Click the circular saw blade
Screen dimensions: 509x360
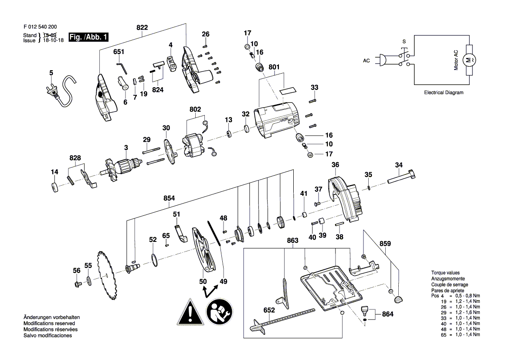(107, 275)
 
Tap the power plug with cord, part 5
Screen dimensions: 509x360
(62, 91)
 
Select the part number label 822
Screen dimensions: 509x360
(142, 27)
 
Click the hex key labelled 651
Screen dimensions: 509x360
(122, 68)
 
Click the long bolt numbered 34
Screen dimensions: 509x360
(401, 177)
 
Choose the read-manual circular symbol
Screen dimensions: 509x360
(220, 312)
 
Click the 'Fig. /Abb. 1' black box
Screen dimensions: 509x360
(88, 37)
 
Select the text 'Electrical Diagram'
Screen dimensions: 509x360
(444, 92)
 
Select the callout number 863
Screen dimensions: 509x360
(292, 241)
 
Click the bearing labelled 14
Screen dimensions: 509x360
(55, 188)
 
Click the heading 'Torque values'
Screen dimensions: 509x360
(445, 273)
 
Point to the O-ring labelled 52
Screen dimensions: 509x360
(155, 260)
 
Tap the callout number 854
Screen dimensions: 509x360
(169, 198)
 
